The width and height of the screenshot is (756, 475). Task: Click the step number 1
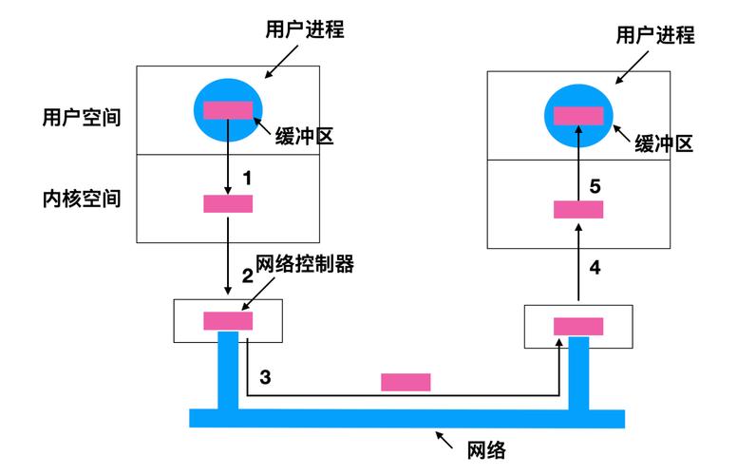pos(248,178)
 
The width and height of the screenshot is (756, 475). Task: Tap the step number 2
pos(247,276)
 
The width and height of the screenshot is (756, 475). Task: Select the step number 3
pos(265,377)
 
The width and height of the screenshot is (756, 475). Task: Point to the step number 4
pos(595,268)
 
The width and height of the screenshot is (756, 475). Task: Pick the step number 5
pos(595,186)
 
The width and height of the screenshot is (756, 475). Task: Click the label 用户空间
pos(82,117)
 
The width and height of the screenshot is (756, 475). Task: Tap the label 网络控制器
pos(305,264)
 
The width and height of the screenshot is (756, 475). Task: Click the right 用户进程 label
pos(655,35)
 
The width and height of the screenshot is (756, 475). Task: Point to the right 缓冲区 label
pos(665,143)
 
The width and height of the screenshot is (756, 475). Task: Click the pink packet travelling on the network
pos(406,382)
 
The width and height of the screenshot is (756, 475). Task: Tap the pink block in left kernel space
pos(228,203)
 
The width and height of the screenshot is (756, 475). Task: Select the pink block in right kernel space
pos(578,209)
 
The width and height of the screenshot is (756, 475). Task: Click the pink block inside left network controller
pos(228,321)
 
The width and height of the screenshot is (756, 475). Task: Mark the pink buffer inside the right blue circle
pos(578,115)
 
